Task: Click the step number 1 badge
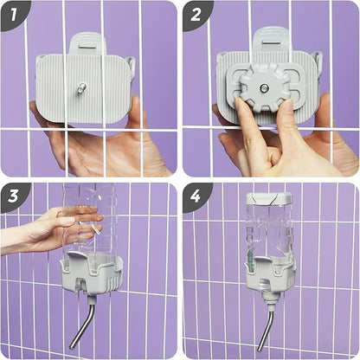tap(13, 14)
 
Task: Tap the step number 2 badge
tap(196, 14)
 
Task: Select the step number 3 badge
tap(13, 196)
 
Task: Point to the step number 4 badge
tap(196, 196)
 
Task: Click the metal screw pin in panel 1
tap(81, 87)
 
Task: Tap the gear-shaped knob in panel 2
tap(262, 87)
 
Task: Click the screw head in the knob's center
tap(264, 87)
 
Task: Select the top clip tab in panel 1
tap(87, 44)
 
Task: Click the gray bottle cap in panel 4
tap(269, 198)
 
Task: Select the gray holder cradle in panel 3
tap(92, 275)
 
